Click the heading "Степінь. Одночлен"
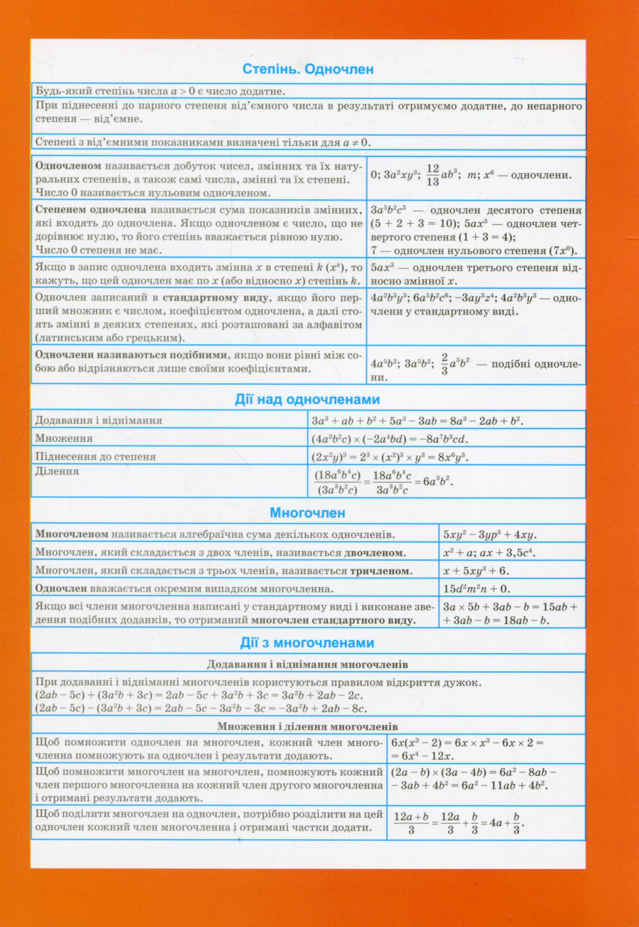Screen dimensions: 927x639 [308, 69]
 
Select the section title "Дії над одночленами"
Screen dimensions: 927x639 [307, 399]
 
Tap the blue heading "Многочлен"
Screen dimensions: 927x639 [307, 513]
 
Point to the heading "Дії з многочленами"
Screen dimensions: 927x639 [307, 643]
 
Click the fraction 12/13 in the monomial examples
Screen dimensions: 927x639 [433, 175]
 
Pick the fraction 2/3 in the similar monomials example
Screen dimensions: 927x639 [444, 364]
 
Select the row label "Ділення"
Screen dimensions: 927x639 [57, 471]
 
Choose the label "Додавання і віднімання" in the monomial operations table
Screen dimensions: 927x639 [98, 420]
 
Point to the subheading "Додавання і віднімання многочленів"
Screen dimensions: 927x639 [307, 665]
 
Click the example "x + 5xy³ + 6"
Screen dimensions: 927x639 [476, 571]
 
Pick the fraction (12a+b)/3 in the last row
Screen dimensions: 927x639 [411, 823]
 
